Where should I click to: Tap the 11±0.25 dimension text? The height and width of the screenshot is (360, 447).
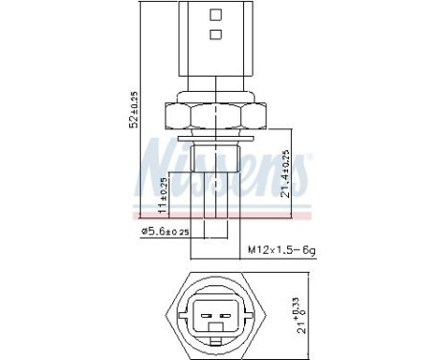click(x=163, y=195)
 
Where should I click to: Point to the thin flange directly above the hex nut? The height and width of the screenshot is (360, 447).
click(x=215, y=98)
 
